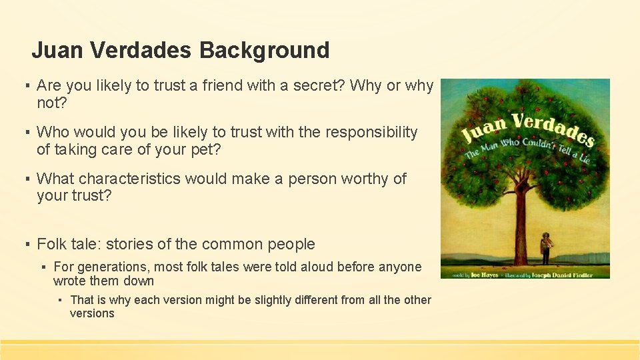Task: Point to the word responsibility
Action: (x=371, y=133)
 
